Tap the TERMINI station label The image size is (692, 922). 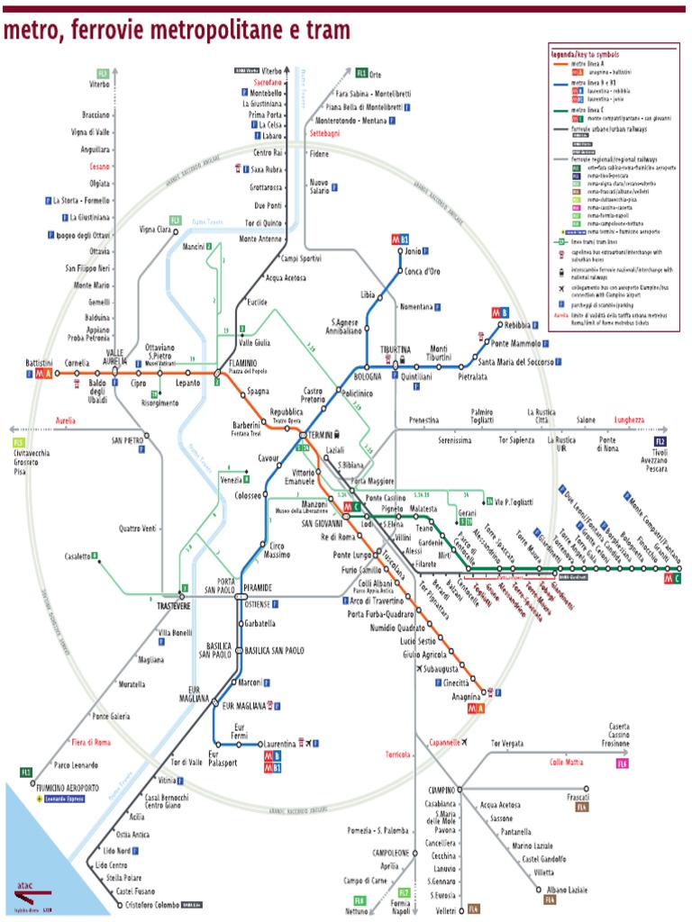pos(321,434)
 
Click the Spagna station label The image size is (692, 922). pos(259,393)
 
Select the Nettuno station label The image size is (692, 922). pos(358,911)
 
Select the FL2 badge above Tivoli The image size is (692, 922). pos(660,442)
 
